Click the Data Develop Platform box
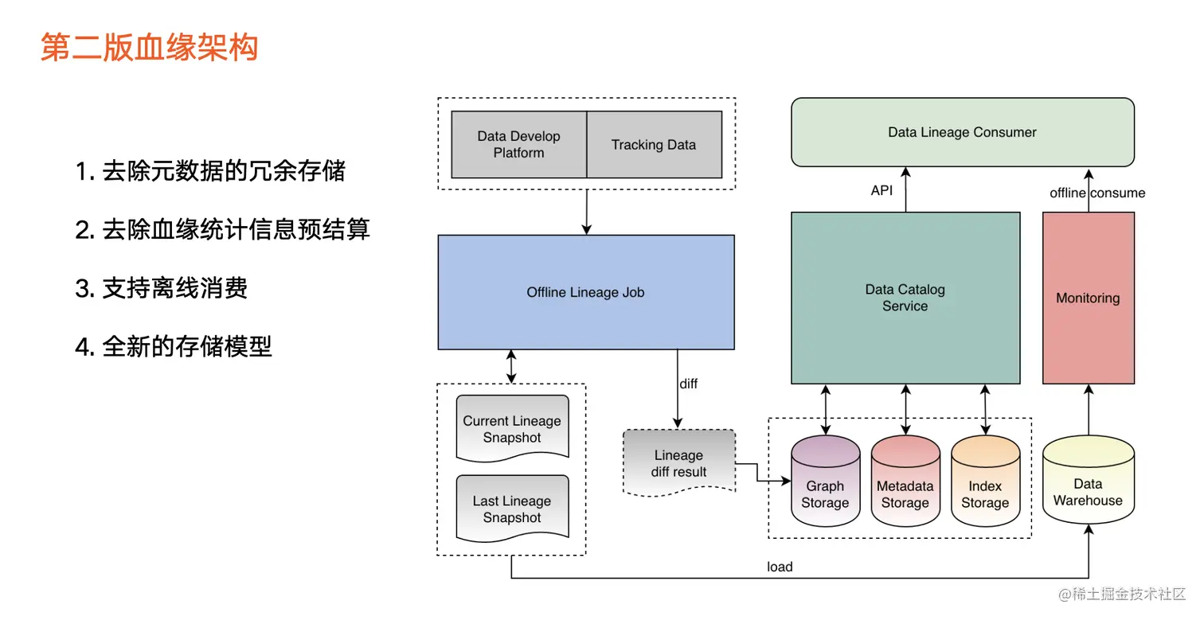pos(518,145)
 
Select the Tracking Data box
pos(654,145)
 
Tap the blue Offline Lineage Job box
pos(586,292)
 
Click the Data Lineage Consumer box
pos(963,132)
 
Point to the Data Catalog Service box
pos(905,298)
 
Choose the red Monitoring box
pos(1089,298)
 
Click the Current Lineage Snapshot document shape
pos(512,429)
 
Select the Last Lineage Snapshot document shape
pos(512,509)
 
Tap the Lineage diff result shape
pos(679,462)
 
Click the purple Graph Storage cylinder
pos(826,481)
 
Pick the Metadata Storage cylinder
pos(905,481)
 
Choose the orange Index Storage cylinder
pos(985,481)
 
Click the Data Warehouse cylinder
pos(1089,480)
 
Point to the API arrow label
pos(882,190)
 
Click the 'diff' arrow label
pos(689,384)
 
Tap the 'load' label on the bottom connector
pos(780,567)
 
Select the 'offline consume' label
pos(1097,193)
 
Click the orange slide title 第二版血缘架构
pos(150,47)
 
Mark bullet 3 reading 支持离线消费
pos(161,288)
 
